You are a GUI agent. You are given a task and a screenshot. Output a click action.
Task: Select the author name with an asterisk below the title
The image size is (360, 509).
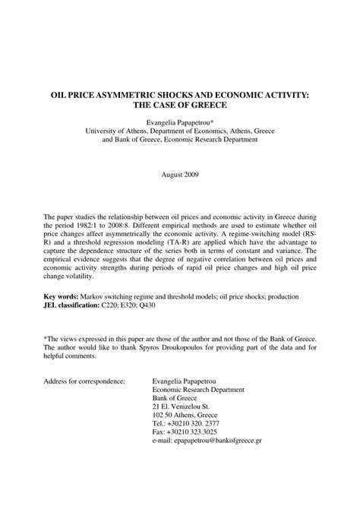(180, 121)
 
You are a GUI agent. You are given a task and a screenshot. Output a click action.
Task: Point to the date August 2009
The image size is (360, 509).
(180, 175)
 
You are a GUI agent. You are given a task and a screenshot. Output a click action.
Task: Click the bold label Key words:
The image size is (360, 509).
(65, 296)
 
